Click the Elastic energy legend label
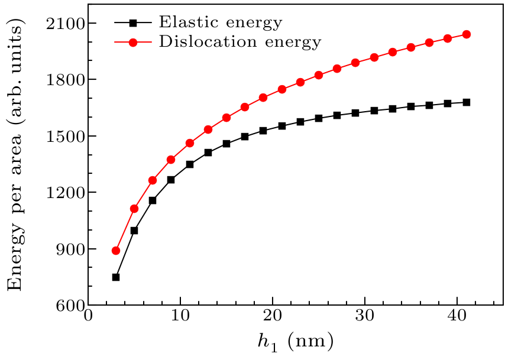point(220,23)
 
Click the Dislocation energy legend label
point(240,42)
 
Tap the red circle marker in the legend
point(133,43)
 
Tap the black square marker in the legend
point(133,24)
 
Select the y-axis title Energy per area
point(17,154)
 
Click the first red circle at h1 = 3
point(116,251)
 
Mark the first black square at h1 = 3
point(116,277)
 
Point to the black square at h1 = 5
point(134,231)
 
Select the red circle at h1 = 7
point(153,180)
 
